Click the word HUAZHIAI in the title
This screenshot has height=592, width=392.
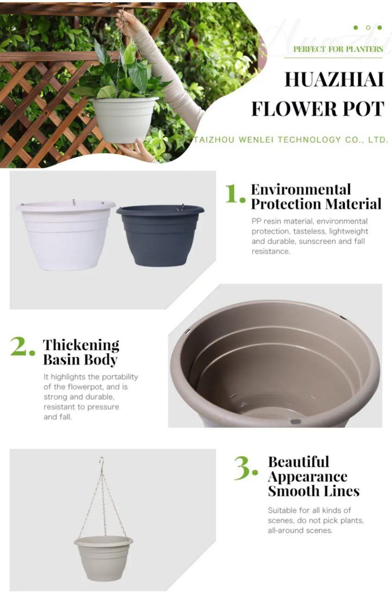(334, 79)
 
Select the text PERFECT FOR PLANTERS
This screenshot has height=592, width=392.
(338, 49)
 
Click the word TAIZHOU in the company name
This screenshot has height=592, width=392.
(214, 140)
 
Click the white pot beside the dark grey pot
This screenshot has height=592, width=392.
(66, 235)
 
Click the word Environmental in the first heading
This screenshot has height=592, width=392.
(301, 190)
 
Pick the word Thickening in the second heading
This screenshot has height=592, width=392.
(81, 345)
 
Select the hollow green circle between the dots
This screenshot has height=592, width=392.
(368, 27)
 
